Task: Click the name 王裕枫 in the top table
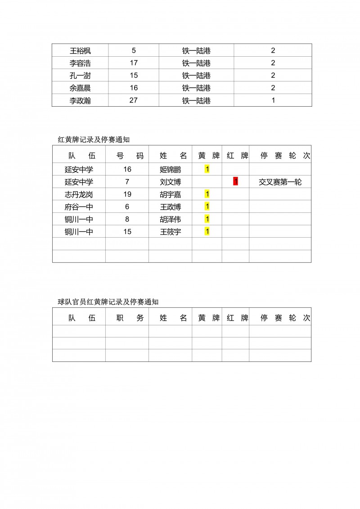point(80,50)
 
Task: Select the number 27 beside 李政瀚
point(133,100)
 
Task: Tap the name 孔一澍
point(80,76)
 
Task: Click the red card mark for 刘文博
point(235,182)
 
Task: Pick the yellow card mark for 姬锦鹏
point(207,169)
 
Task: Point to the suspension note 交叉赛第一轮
point(280,182)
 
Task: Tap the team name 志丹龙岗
point(79,194)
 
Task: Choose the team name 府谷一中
point(79,207)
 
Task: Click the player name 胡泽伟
point(170,220)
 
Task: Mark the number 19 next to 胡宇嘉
point(127,194)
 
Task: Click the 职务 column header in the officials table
point(127,318)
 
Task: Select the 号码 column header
point(127,156)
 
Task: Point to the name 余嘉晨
point(80,88)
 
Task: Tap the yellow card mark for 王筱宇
point(207,232)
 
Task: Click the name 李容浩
point(80,63)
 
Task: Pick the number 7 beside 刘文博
point(127,182)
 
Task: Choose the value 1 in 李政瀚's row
point(273,100)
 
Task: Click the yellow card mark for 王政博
point(207,207)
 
